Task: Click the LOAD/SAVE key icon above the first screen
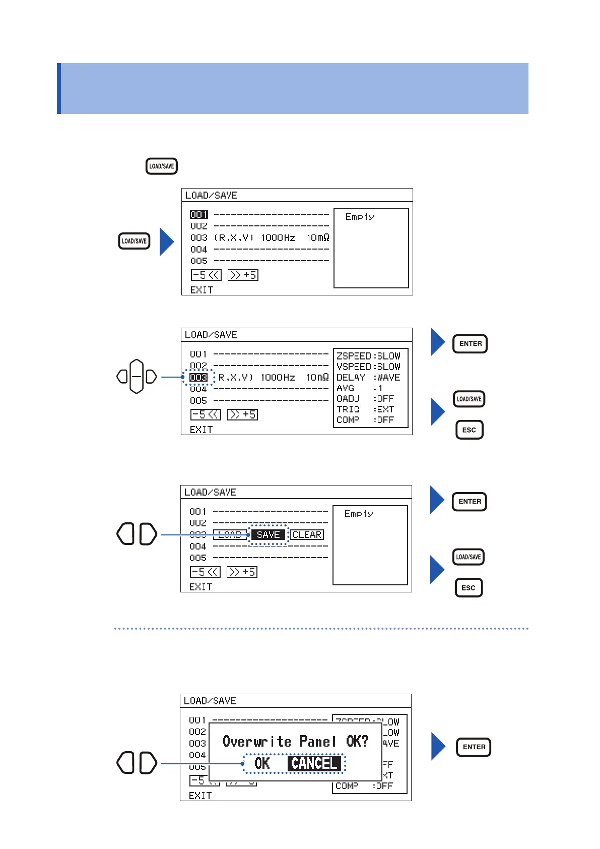[x=161, y=166]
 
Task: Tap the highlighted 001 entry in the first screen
[x=198, y=214]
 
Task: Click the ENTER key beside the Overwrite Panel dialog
[x=474, y=747]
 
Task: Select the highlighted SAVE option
[x=268, y=534]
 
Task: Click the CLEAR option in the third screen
[x=307, y=534]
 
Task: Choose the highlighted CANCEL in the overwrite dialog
[x=314, y=763]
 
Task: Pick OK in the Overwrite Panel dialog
[x=262, y=763]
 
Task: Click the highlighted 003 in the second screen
[x=198, y=377]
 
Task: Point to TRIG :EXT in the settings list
[x=365, y=409]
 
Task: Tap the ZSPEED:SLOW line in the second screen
[x=368, y=356]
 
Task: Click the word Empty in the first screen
[x=360, y=216]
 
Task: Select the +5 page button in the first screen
[x=243, y=275]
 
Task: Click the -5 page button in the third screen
[x=205, y=572]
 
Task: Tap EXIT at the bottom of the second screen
[x=201, y=430]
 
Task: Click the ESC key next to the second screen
[x=469, y=430]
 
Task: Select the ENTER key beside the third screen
[x=470, y=502]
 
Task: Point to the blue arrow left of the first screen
[x=167, y=241]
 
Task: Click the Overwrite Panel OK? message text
[x=295, y=741]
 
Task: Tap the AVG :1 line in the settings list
[x=360, y=388]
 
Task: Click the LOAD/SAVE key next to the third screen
[x=469, y=557]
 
